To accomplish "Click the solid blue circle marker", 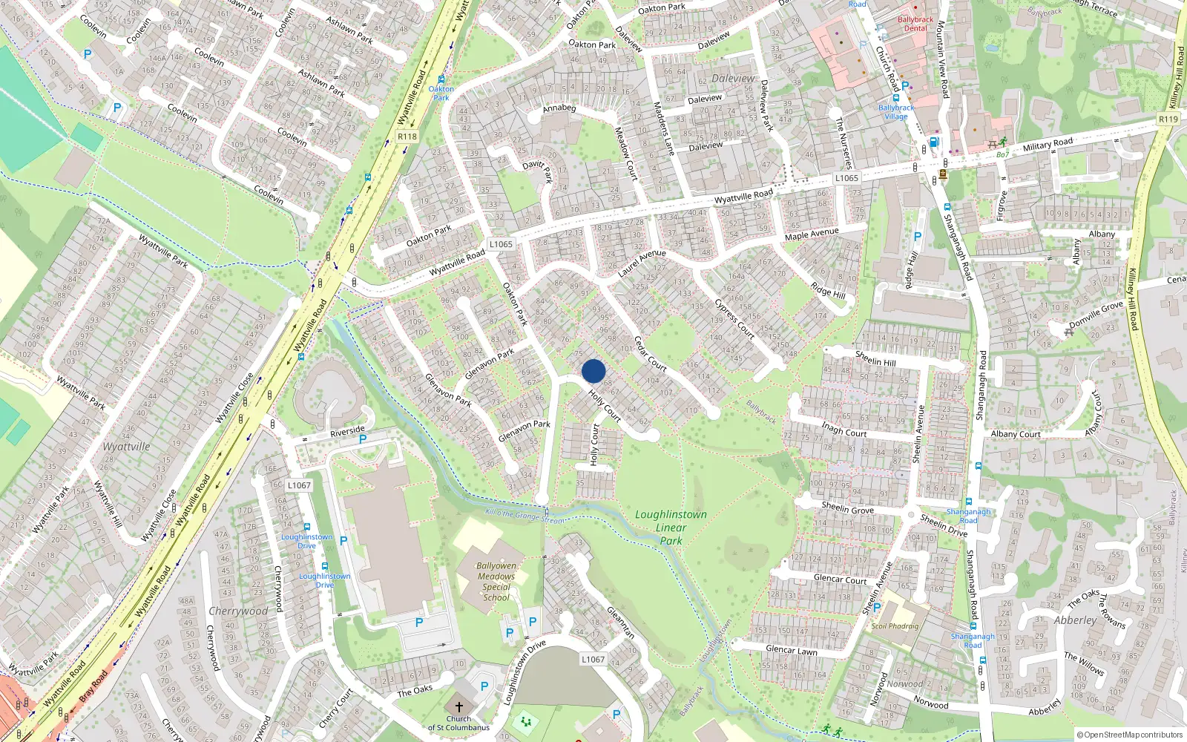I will coord(593,371).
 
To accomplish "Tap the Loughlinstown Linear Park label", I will coord(671,528).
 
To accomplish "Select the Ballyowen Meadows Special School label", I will coord(496,581).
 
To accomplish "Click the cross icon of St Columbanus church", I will coord(458,707).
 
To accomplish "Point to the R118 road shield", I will coord(407,137).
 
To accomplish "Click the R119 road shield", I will coord(1168,119).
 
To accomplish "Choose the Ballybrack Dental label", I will coord(915,24).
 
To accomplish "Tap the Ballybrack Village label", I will coord(896,112).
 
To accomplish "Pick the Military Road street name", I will coord(1048,144).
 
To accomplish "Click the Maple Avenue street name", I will coord(812,234).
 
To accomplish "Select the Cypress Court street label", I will coord(734,319).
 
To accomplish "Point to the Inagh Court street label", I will coord(844,429).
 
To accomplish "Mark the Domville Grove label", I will coord(1096,314).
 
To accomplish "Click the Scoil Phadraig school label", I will coord(895,626).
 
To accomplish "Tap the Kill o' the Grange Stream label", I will coord(524,516).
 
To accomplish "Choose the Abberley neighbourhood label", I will coord(1075,620).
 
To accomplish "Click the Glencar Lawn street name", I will coord(791,650).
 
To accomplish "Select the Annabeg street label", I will coord(559,108).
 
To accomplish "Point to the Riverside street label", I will coord(347,431).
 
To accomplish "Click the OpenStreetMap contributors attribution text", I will coord(1130,735).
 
